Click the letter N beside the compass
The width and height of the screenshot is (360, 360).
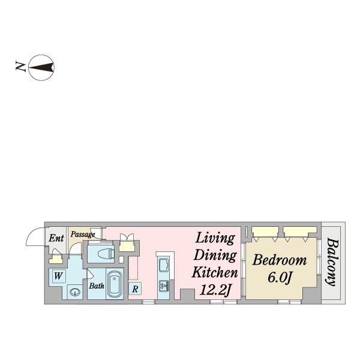20,67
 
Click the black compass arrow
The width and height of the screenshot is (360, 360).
41,67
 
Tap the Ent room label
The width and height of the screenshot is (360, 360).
56,238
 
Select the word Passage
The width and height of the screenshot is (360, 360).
83,235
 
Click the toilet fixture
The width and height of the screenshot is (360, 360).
106,254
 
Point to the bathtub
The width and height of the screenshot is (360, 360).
115,284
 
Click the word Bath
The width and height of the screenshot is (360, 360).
97,286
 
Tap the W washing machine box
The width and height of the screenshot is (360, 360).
59,276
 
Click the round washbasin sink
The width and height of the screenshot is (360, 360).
75,292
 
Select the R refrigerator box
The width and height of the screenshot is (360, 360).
135,289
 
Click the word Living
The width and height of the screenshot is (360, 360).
215,239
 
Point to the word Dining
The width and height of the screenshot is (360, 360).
215,255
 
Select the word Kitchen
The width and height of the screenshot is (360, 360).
215,272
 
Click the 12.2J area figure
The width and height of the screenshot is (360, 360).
215,290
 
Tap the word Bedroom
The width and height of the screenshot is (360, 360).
280,260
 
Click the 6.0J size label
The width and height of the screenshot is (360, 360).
280,278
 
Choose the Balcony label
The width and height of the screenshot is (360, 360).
332,262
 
